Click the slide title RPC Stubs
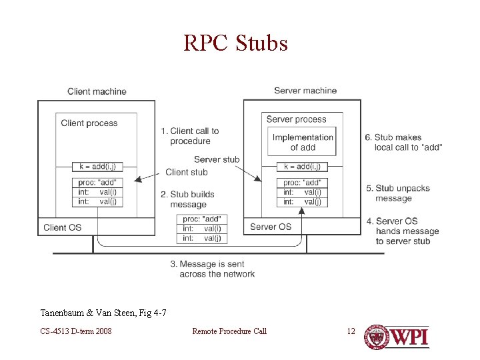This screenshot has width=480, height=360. point(236,43)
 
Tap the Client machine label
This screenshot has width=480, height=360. point(97,91)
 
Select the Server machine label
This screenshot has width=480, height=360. point(305,91)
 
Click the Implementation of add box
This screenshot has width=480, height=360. point(303,142)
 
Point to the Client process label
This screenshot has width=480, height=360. point(89,123)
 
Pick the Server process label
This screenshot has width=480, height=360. point(297,119)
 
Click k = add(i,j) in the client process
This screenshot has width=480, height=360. point(97,167)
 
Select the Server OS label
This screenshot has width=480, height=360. point(270,227)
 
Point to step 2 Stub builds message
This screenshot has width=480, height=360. point(187,199)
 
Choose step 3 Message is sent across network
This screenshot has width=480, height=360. point(212,269)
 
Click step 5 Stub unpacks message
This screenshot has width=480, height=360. point(398,193)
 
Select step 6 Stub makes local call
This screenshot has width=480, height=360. point(403,142)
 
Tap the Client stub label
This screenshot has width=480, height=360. point(186,172)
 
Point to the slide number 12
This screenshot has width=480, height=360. point(351,331)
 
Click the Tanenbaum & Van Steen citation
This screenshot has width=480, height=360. point(103,313)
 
